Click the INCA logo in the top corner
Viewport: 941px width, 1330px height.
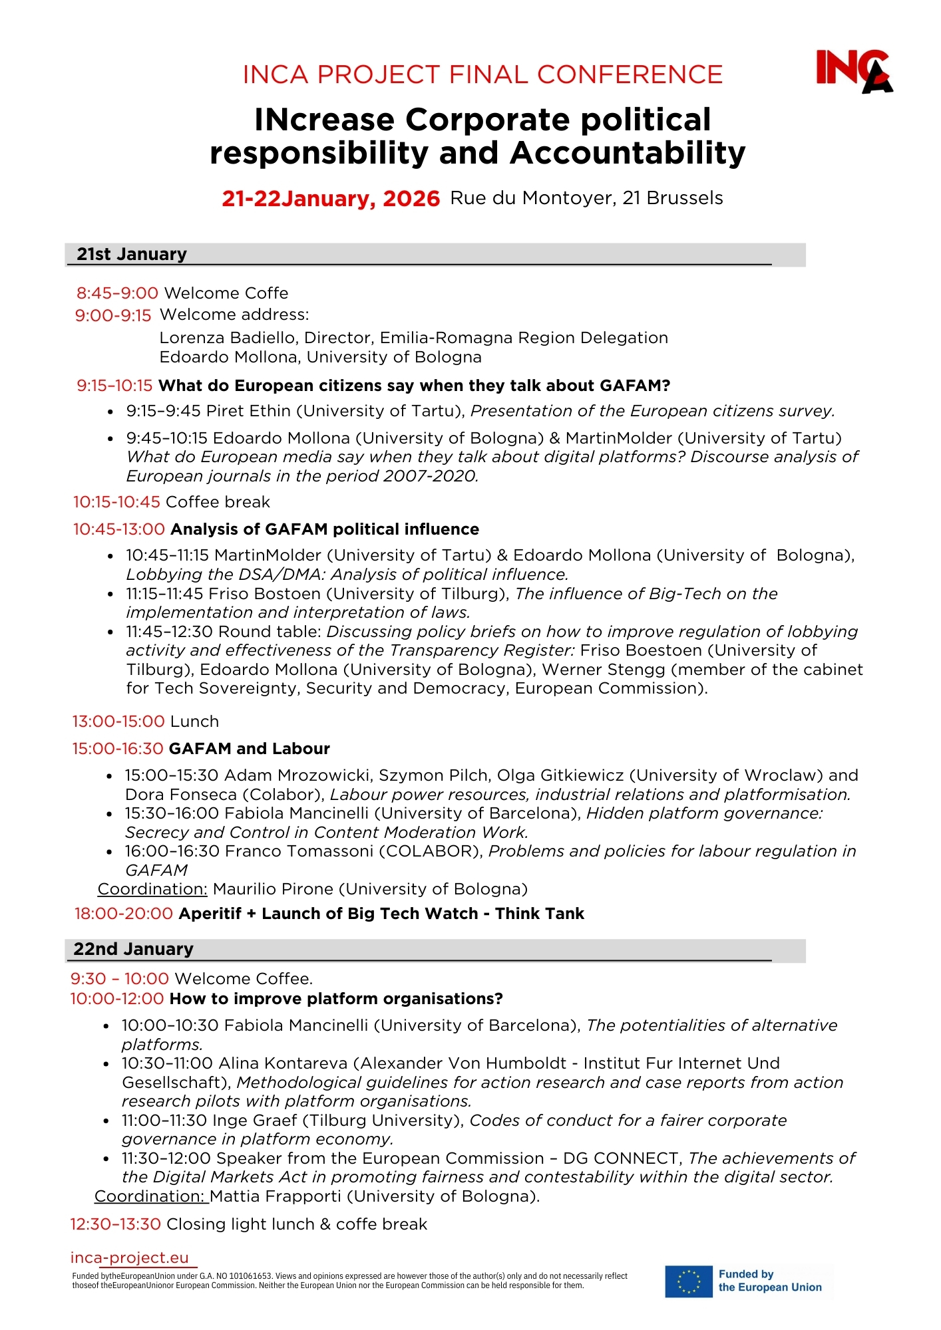tap(854, 70)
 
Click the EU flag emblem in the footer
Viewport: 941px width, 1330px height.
tap(688, 1281)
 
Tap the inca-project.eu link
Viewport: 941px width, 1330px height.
tap(130, 1258)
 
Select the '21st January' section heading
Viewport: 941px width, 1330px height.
tap(132, 254)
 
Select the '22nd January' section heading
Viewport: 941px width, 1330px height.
tap(133, 949)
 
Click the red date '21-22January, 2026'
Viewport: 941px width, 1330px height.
tap(331, 198)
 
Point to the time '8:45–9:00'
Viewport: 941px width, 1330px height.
tap(117, 293)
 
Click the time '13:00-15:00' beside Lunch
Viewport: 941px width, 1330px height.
tap(118, 722)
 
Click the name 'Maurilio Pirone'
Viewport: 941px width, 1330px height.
tap(273, 889)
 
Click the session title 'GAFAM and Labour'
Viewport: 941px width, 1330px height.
tap(250, 749)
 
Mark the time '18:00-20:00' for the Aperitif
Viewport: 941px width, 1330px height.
tap(124, 914)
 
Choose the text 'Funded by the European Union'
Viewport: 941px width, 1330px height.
tap(770, 1281)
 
